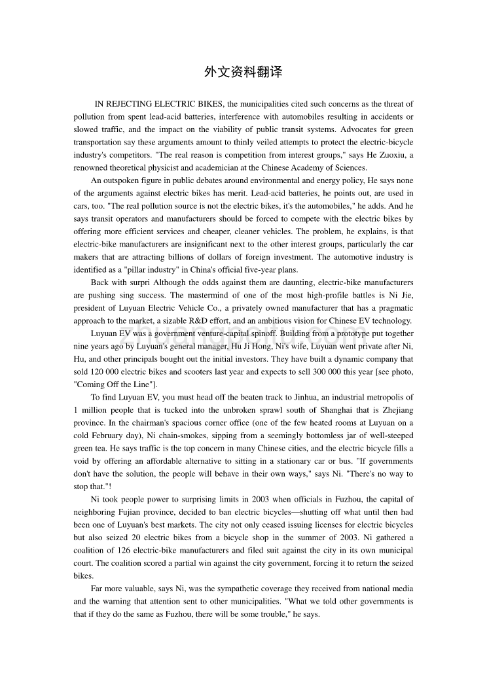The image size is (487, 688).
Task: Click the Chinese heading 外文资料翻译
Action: [x=243, y=73]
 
